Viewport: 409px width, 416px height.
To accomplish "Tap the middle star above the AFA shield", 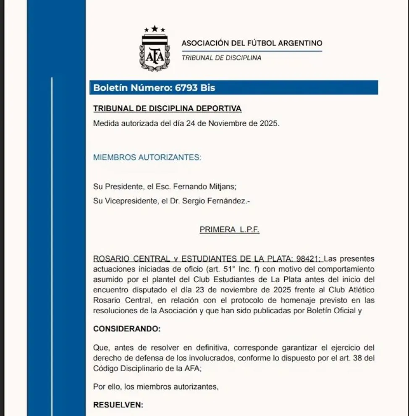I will tap(155, 29).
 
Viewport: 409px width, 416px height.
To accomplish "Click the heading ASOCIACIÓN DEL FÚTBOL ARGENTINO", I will tap(252, 43).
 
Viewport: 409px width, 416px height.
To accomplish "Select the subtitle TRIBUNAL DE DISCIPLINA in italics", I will tap(221, 58).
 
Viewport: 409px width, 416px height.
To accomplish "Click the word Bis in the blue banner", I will tap(207, 88).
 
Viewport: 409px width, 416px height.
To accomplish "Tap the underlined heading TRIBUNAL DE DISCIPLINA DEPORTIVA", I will tap(167, 109).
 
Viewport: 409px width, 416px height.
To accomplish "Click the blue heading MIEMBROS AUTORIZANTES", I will tap(147, 158).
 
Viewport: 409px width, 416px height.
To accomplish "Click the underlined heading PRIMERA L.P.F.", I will tap(229, 230).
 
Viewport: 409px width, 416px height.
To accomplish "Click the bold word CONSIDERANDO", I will tap(126, 329).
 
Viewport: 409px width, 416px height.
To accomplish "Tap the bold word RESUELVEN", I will tap(118, 405).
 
